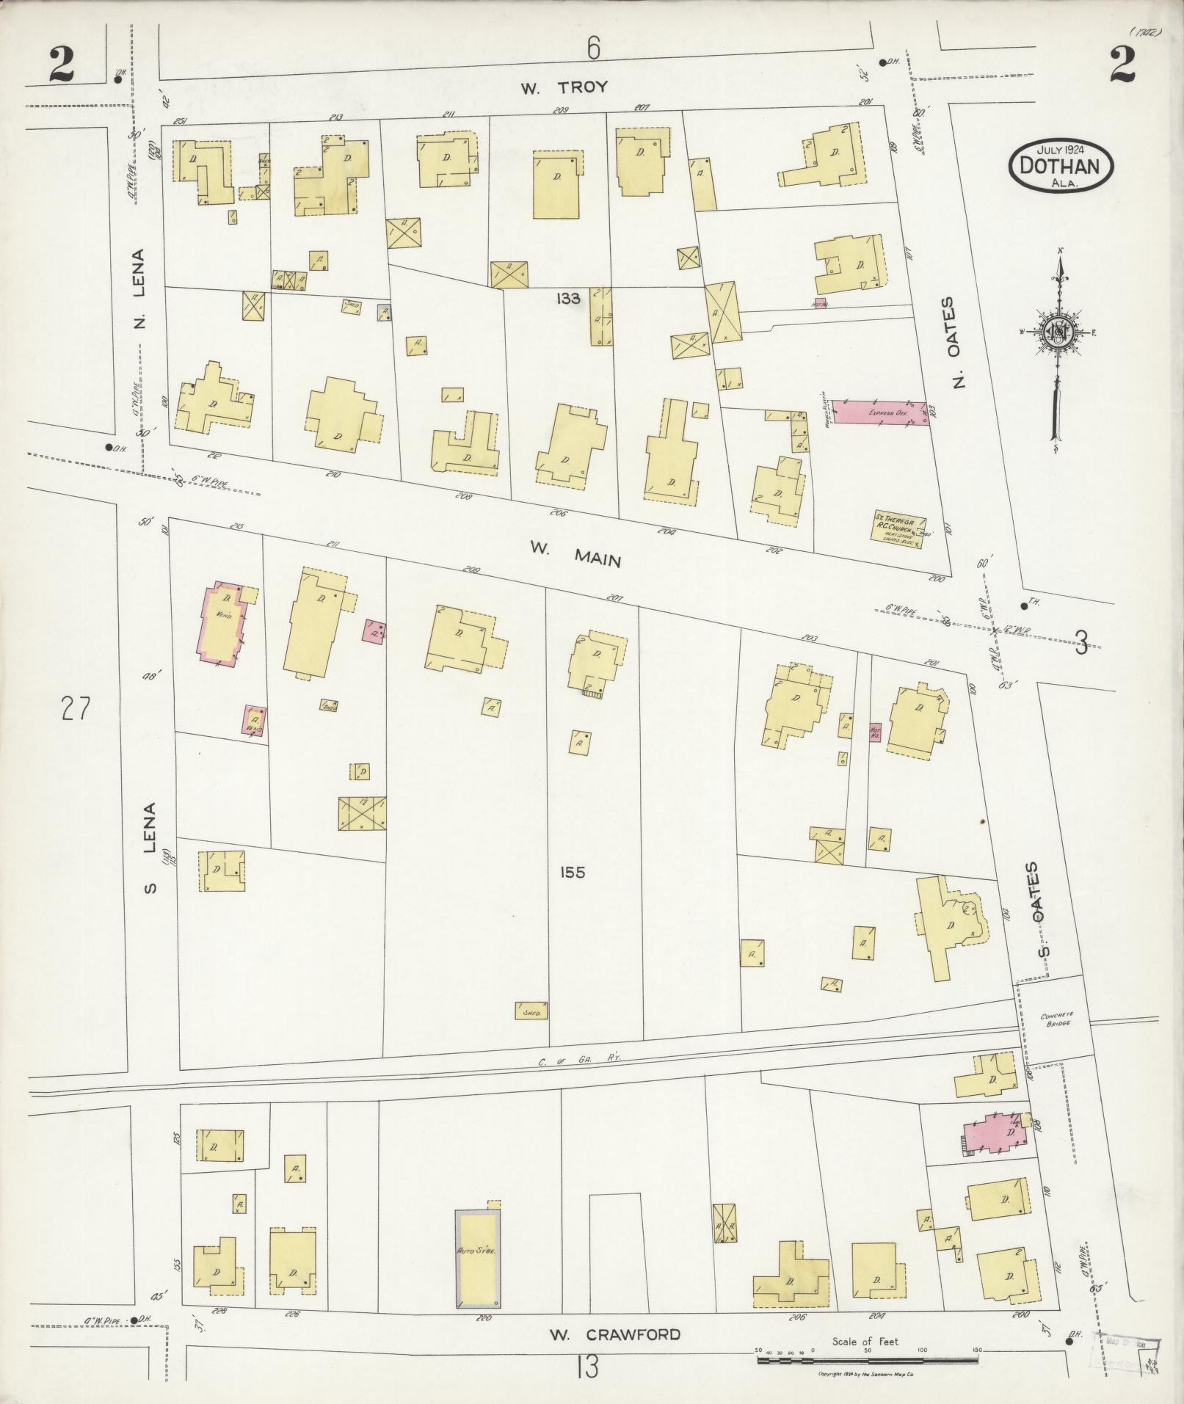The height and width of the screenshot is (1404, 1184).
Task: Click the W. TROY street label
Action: [564, 87]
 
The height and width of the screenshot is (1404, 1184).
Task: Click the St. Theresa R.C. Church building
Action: [898, 527]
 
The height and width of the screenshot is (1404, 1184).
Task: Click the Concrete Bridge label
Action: [1056, 1019]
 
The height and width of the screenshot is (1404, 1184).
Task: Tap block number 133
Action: [568, 298]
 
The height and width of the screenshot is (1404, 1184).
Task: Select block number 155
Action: [571, 873]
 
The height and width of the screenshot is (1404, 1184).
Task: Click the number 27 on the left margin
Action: [76, 710]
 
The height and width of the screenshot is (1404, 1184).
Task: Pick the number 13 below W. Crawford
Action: [586, 1367]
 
